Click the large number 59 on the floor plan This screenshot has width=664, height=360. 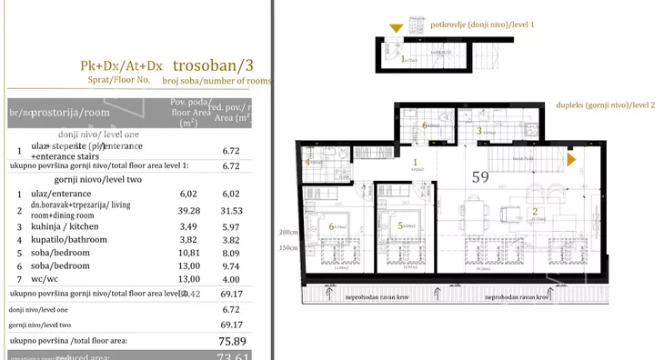pos(480,177)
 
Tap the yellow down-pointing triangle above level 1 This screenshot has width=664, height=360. pos(396,28)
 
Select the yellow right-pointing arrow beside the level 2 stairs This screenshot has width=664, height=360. pos(572,160)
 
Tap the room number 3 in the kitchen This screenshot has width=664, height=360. pos(479,131)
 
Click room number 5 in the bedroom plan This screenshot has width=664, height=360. pos(401,225)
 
